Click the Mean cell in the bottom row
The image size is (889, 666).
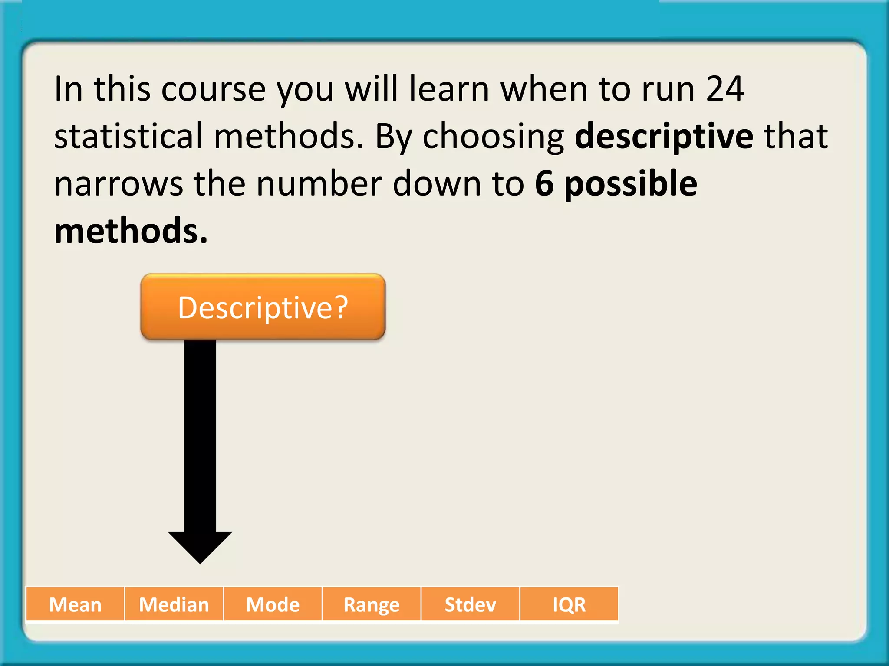click(75, 604)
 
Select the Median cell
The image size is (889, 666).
click(174, 604)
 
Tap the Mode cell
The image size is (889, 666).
click(273, 604)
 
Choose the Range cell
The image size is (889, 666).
click(372, 604)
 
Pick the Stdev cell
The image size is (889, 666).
click(470, 604)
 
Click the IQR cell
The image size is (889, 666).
click(569, 604)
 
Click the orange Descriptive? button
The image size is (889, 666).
click(263, 307)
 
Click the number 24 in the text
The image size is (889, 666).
click(724, 89)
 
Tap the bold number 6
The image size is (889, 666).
click(544, 183)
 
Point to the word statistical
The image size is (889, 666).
click(128, 136)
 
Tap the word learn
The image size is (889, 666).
click(449, 89)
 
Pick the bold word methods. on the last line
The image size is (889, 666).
click(131, 231)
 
